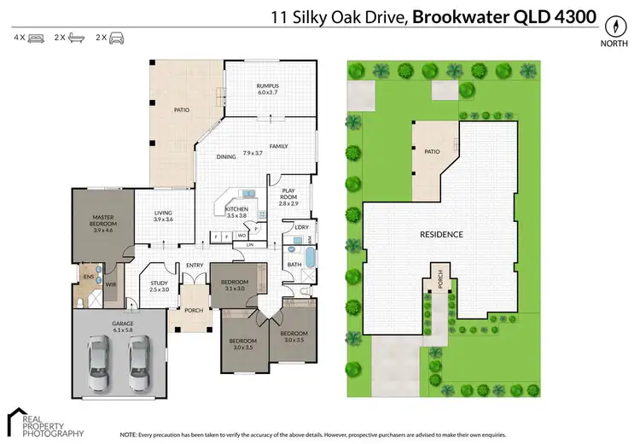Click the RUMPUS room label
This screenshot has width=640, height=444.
click(269, 86)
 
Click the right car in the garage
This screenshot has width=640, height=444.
click(139, 359)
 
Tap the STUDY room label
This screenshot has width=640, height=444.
click(160, 283)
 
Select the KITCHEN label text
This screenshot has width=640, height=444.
click(236, 209)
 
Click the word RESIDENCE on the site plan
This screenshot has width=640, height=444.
click(441, 234)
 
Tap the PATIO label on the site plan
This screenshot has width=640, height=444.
click(432, 152)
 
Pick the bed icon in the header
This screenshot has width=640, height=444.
click(36, 38)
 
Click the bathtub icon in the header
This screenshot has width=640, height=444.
click(76, 38)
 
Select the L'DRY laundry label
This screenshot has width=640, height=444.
click(300, 226)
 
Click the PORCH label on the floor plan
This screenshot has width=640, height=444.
click(194, 310)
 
